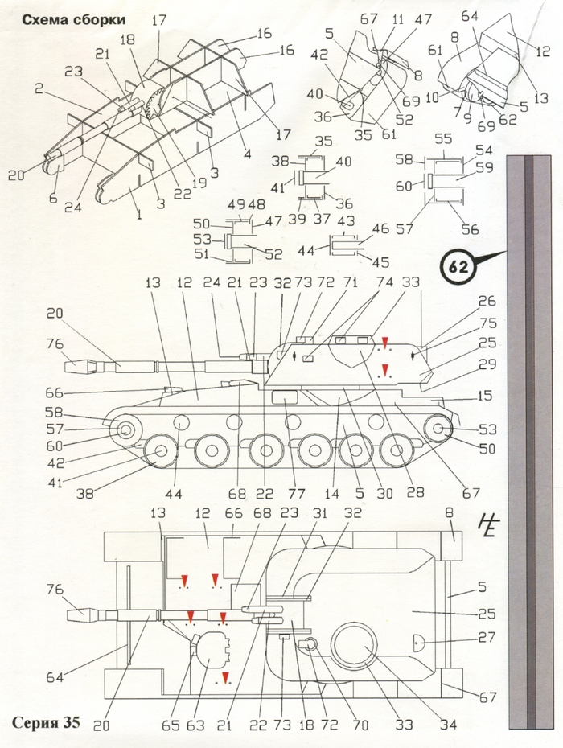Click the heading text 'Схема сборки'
(x=74, y=19)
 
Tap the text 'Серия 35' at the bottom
(x=46, y=722)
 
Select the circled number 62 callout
(x=458, y=267)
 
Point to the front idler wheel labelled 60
(x=125, y=431)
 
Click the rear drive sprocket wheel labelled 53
(x=438, y=429)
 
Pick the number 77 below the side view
(x=297, y=494)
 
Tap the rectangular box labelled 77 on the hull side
(x=284, y=396)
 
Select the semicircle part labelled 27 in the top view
(x=418, y=644)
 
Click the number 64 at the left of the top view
(x=55, y=676)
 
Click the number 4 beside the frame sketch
(x=248, y=154)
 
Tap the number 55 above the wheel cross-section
(x=443, y=139)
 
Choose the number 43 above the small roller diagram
(x=345, y=221)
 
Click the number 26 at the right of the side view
(x=487, y=302)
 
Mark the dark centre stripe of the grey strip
(x=529, y=442)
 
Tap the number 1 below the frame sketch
(x=139, y=215)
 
